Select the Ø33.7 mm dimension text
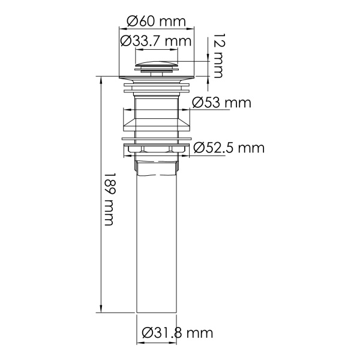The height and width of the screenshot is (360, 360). [x=155, y=41]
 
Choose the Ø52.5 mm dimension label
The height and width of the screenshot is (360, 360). [x=228, y=147]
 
